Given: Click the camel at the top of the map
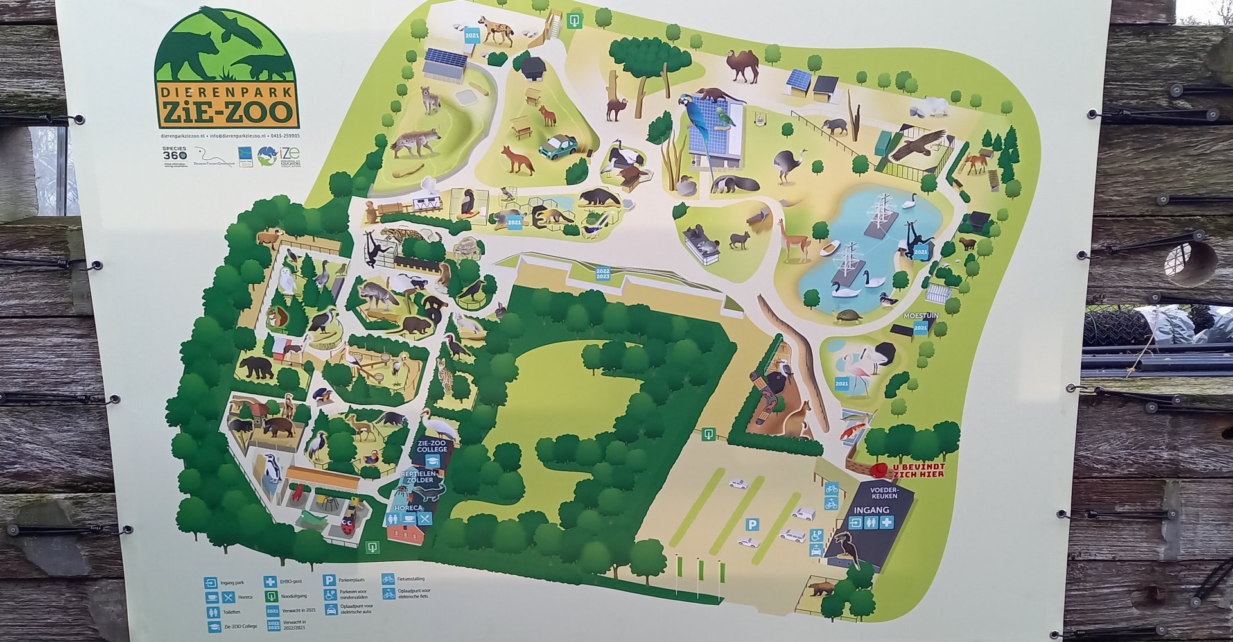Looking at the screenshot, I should point(743,66).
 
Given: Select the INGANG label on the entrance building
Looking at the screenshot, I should point(871,510).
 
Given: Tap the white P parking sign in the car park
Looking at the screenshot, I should point(751,525).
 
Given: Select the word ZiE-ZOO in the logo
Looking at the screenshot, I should point(226,113).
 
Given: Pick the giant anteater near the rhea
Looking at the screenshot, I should point(735,184).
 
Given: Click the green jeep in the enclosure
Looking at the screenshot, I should point(557,146).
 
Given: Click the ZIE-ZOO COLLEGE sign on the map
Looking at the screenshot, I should point(432,446).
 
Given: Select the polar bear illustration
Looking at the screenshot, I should point(934,107).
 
